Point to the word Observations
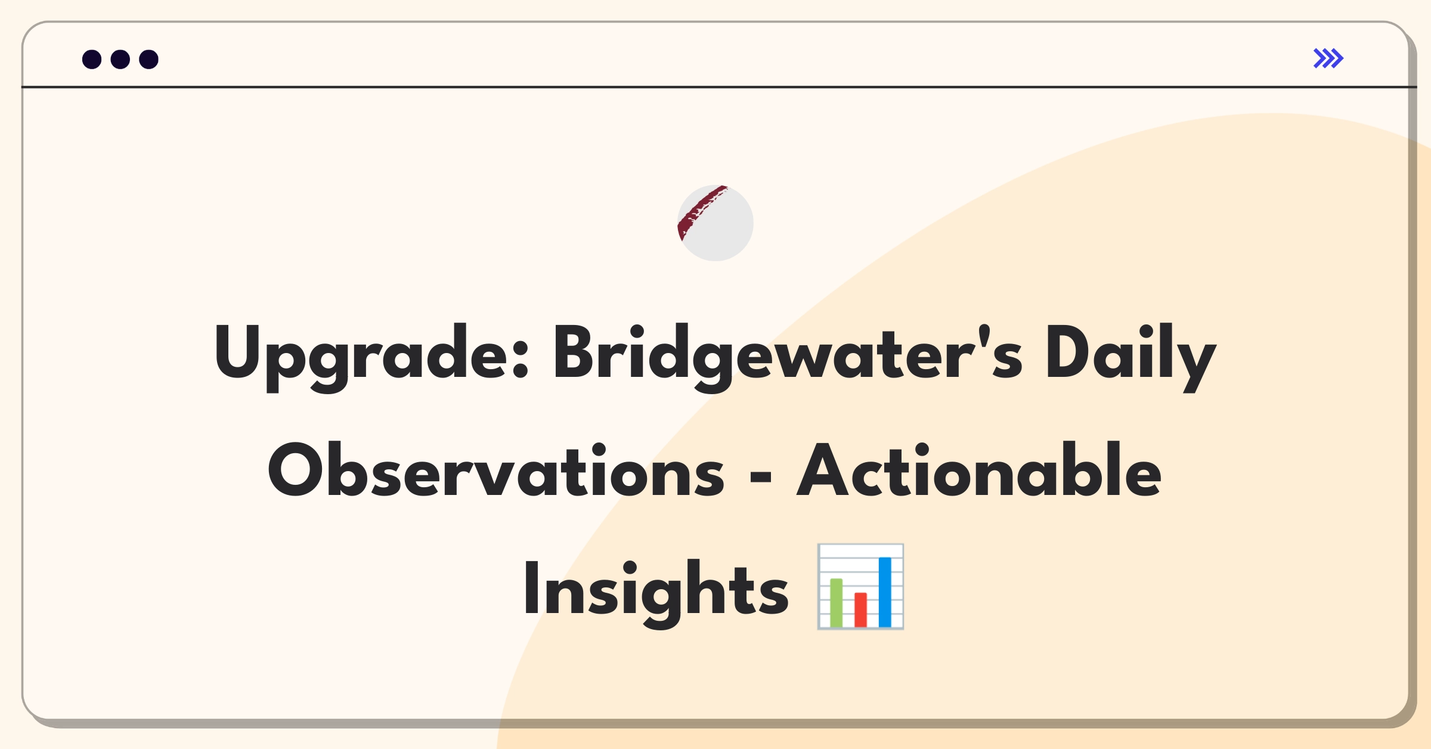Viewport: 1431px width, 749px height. click(x=496, y=471)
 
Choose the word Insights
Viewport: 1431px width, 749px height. click(x=656, y=590)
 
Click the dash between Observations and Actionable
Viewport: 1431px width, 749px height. click(x=760, y=476)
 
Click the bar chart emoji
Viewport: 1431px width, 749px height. click(x=860, y=586)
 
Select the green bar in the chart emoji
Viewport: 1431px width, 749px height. click(x=836, y=602)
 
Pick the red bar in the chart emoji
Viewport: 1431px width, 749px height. click(x=860, y=609)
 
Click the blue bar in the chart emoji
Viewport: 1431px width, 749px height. click(x=885, y=592)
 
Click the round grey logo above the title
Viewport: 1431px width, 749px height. click(x=715, y=223)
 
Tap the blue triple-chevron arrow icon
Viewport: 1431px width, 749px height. click(x=1328, y=58)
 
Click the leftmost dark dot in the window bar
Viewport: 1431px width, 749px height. click(x=92, y=59)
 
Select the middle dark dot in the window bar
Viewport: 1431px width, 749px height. click(x=120, y=59)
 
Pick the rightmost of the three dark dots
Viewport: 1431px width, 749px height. click(x=149, y=59)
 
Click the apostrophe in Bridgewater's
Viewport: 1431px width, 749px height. click(x=984, y=335)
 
